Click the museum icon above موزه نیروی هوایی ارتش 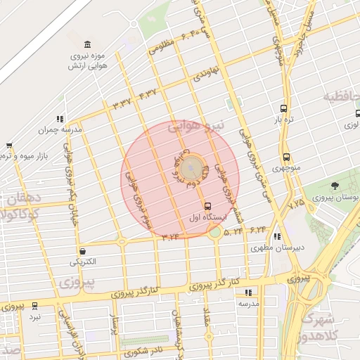87,44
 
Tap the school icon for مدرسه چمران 60,120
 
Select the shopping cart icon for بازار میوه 9,145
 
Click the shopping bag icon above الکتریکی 83,250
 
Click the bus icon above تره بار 283,108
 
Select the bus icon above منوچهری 285,157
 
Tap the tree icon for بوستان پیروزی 334,186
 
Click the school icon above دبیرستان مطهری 277,237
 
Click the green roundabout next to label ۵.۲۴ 214,232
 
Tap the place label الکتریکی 84,262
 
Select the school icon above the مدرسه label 247,292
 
